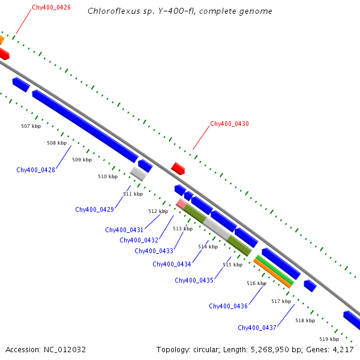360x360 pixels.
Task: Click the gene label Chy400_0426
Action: click(x=51, y=7)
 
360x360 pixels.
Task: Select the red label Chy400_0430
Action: click(x=229, y=124)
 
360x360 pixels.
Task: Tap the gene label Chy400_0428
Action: click(x=36, y=170)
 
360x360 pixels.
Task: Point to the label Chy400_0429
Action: click(x=95, y=209)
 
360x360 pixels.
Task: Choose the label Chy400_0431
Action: click(x=124, y=230)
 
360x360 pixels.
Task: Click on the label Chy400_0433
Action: click(x=154, y=251)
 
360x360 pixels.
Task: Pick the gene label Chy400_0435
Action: click(x=194, y=280)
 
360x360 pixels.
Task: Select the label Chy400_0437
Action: click(x=257, y=328)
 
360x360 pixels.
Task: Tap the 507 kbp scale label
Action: click(x=31, y=126)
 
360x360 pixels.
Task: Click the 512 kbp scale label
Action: click(x=158, y=211)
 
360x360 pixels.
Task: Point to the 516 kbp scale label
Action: click(x=256, y=283)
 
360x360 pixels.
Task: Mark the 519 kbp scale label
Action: click(x=329, y=339)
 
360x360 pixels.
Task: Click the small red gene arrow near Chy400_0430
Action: click(x=178, y=168)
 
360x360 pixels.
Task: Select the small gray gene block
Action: click(x=138, y=174)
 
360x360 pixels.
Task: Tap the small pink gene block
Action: click(x=181, y=204)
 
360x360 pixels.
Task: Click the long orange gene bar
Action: click(x=272, y=274)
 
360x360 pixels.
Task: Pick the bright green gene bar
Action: click(x=275, y=269)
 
